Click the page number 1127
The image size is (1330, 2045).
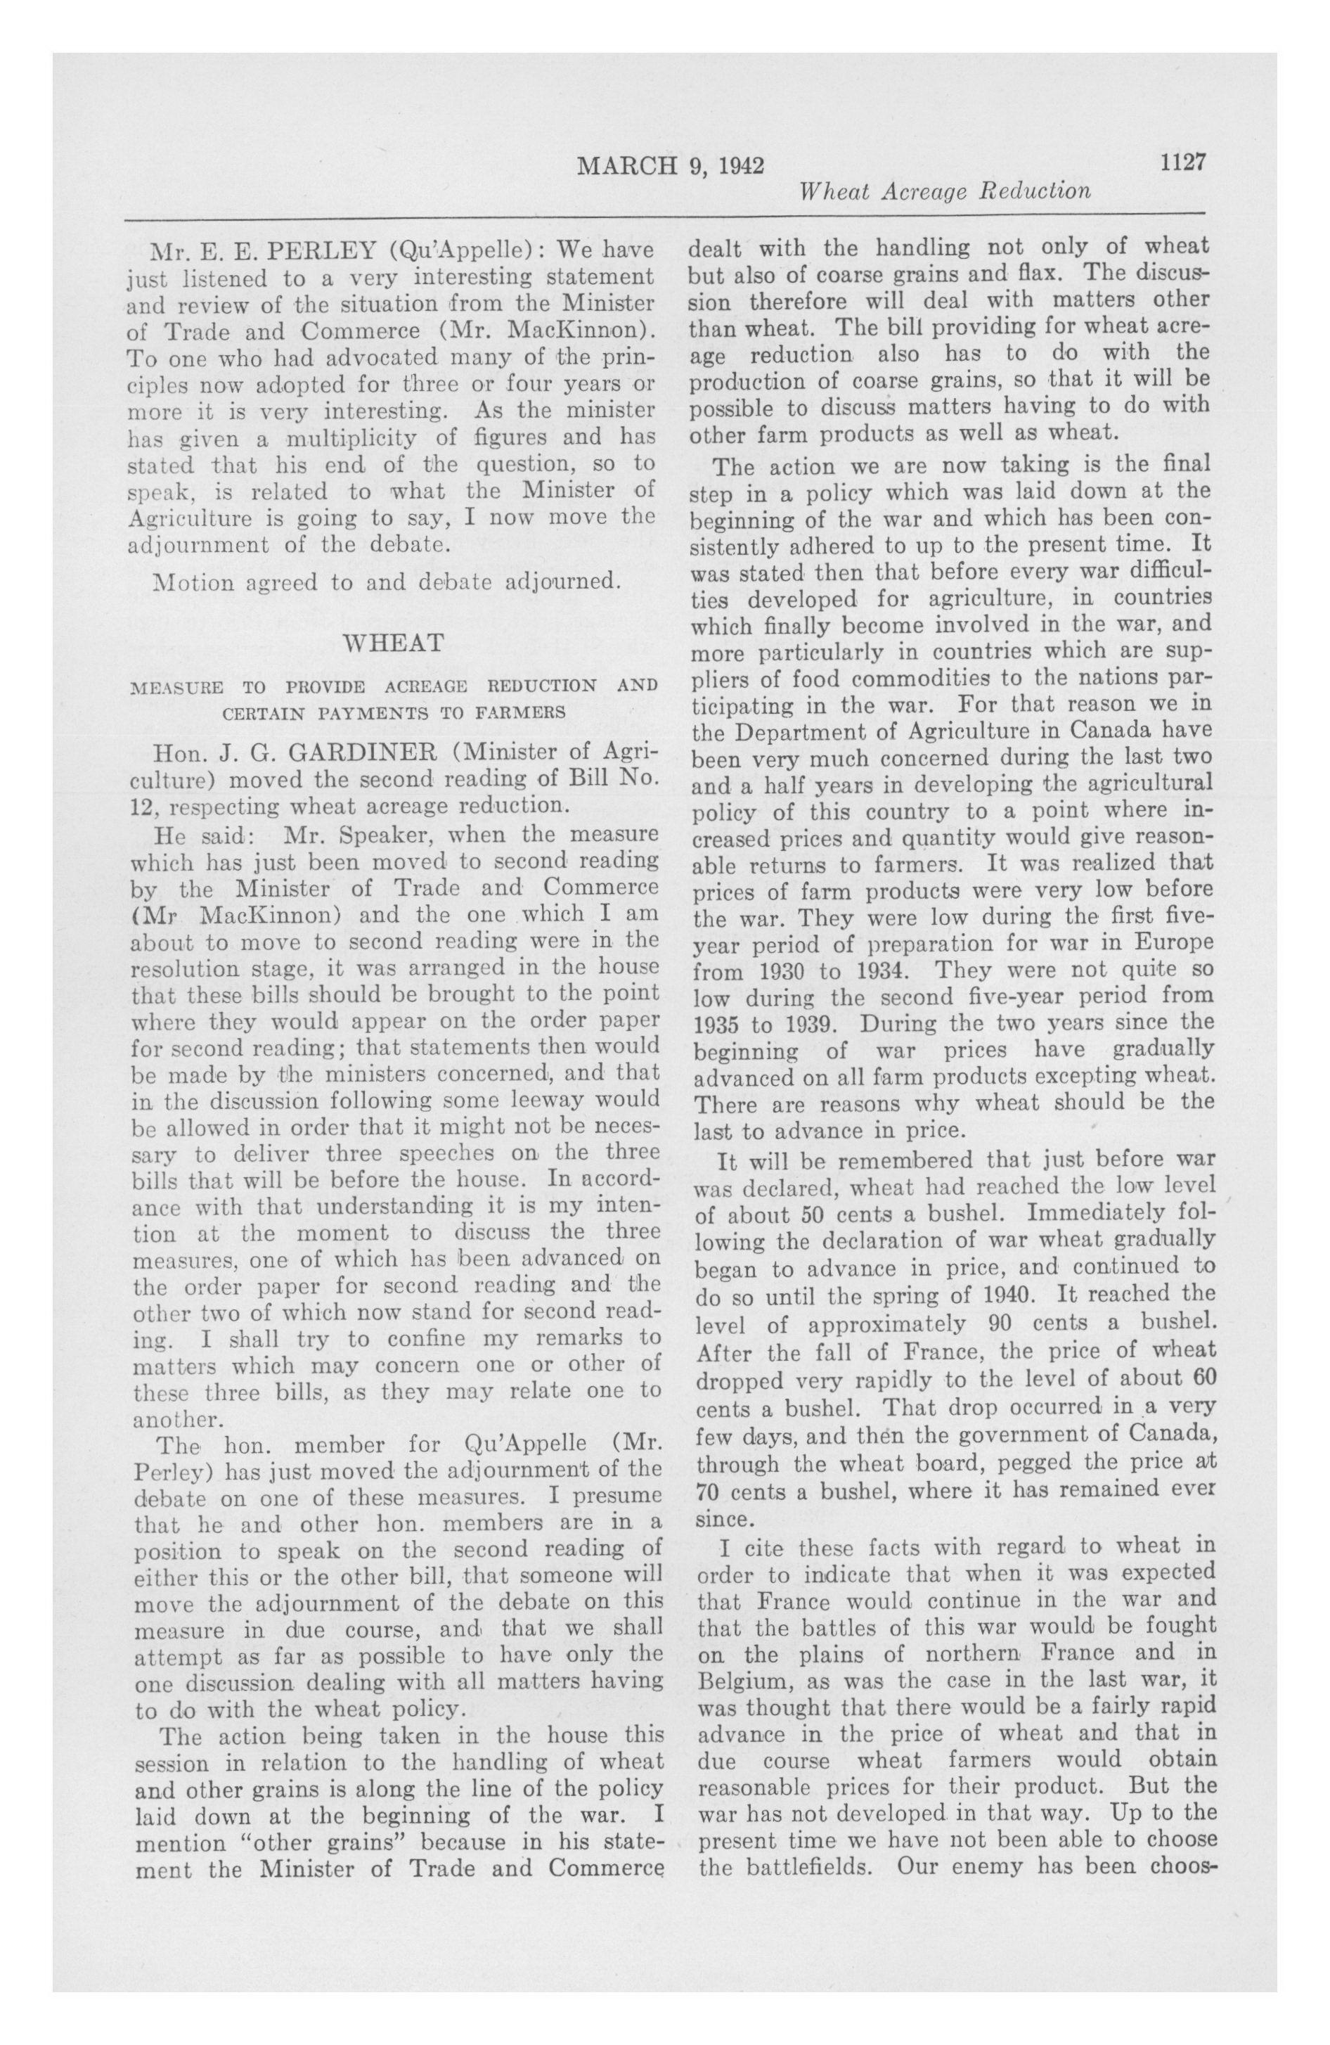click(x=1183, y=162)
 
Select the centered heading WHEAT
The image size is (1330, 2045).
click(x=394, y=642)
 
